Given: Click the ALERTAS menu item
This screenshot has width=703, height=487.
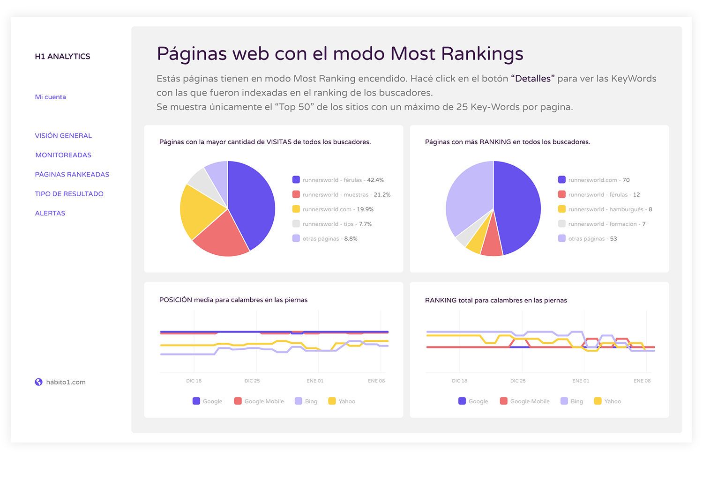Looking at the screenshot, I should pos(50,213).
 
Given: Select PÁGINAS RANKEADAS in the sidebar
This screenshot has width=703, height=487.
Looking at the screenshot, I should pos(72,174).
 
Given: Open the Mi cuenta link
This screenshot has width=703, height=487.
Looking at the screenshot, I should pos(50,97).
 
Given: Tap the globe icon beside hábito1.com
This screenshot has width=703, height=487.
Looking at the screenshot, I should pos(39,382).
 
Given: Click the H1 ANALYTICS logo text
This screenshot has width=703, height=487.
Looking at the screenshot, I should pos(62,56).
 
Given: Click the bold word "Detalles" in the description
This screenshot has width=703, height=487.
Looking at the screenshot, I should pos(532,79).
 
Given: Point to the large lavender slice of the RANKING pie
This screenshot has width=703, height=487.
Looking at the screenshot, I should pos(466,197).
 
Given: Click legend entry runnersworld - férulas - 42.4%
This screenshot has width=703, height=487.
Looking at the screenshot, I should pos(343,180).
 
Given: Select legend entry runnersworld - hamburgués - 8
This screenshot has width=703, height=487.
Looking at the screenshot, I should pos(609,209).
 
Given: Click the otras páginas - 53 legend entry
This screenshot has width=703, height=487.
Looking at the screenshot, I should pos(592,238).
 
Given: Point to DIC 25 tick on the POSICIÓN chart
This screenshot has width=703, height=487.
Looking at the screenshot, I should pos(252,381).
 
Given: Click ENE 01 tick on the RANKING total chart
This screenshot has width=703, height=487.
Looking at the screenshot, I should pos(581,381).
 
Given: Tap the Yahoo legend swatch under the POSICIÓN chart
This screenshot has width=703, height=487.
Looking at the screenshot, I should pos(332,401).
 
